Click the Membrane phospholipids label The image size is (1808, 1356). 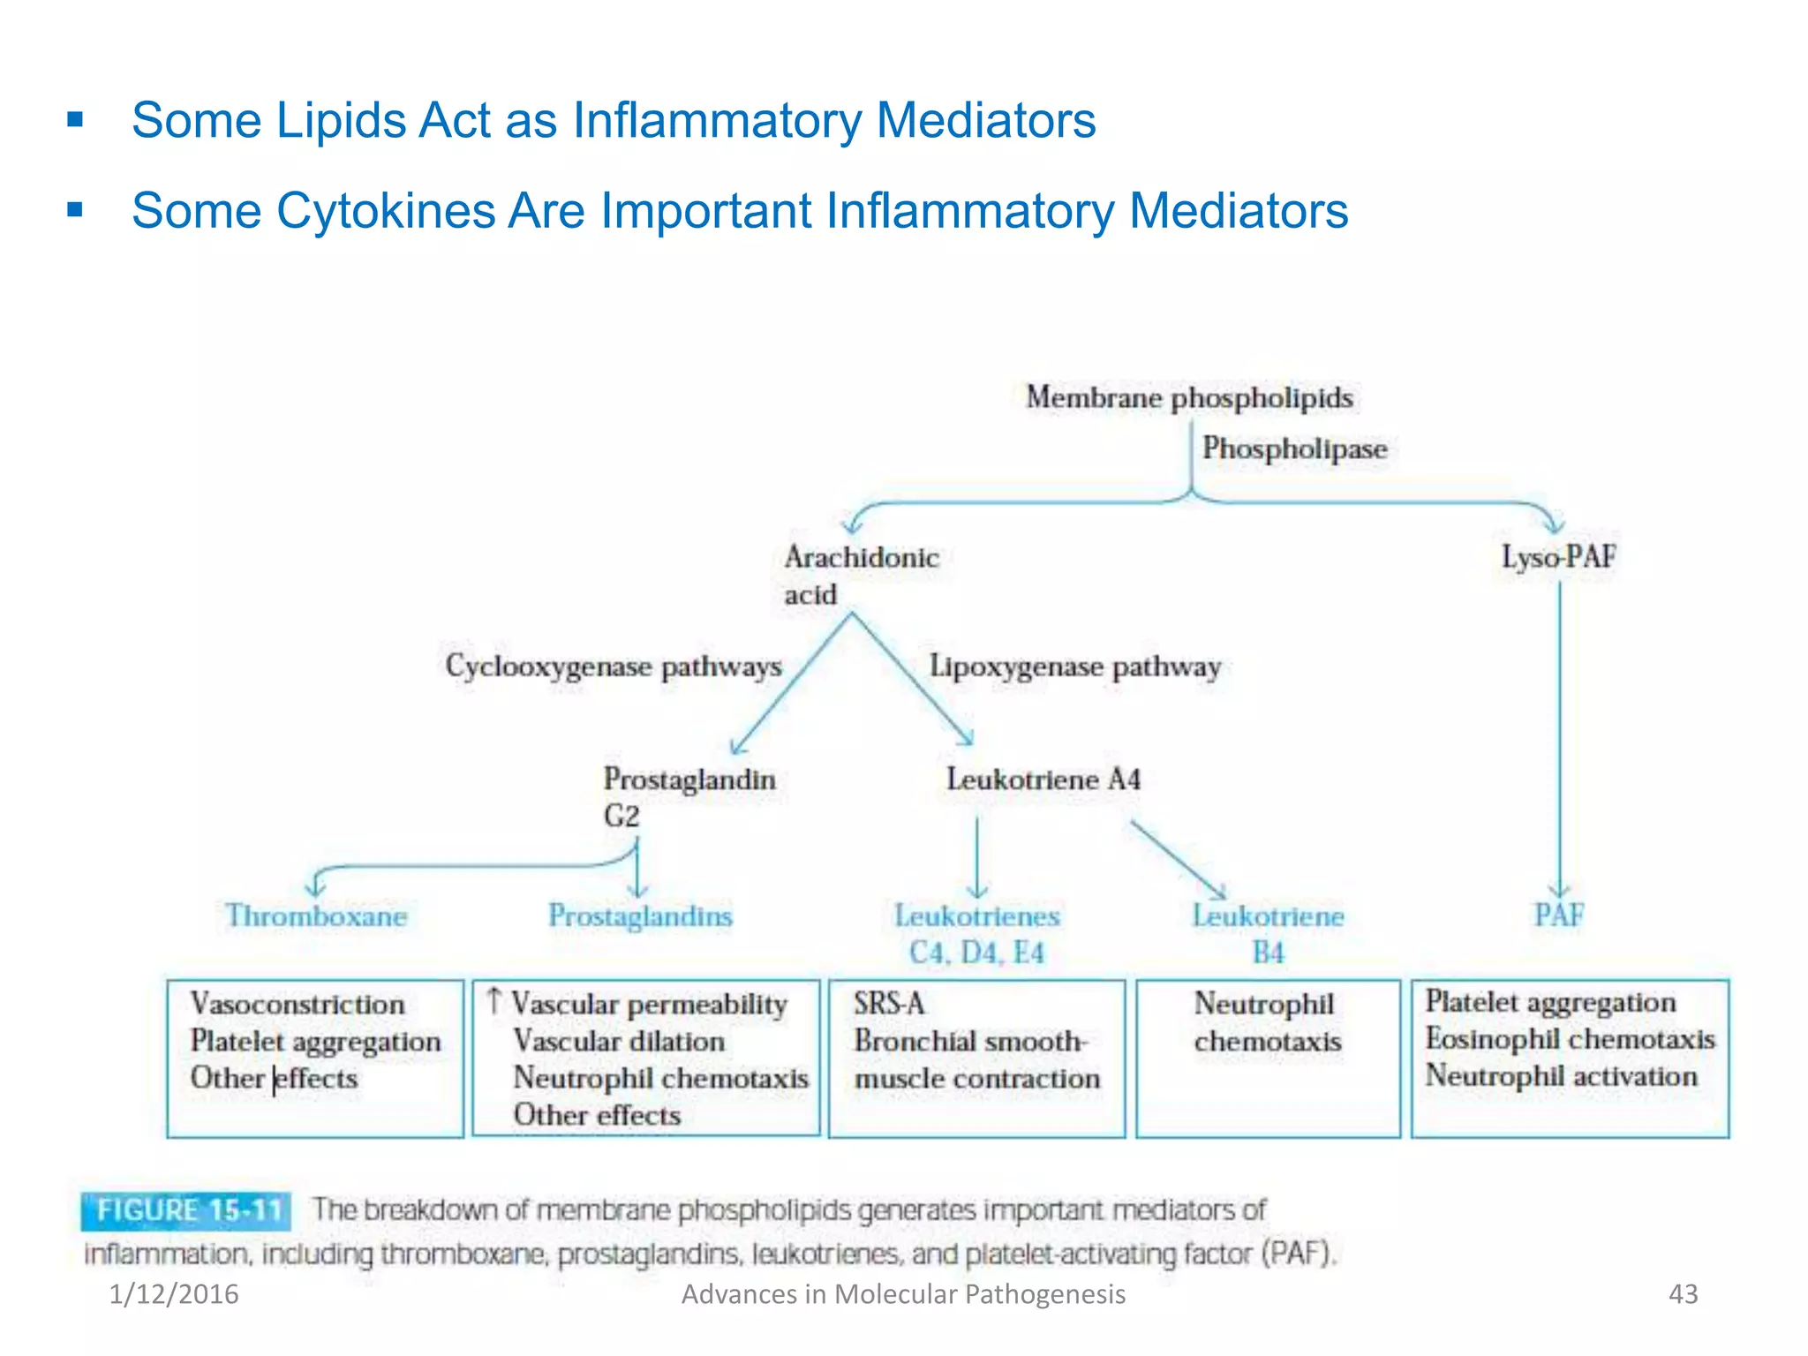point(1188,398)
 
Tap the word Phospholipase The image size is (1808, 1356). point(1294,448)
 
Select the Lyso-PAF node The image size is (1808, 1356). point(1558,557)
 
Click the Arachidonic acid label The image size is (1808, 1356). point(860,575)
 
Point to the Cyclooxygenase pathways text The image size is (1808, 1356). point(613,667)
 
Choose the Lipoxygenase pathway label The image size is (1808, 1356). point(1074,667)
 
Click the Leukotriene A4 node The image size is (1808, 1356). point(1043,780)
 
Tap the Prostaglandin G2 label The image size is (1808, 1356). point(689,796)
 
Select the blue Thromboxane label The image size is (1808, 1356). point(316,915)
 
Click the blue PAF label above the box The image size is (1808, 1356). point(1558,915)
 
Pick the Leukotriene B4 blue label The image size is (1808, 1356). point(1268,933)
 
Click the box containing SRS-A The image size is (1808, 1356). point(976,1058)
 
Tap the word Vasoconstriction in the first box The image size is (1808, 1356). point(298,1004)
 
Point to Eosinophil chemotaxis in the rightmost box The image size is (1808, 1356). point(1570,1039)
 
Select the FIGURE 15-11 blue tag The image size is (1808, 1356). point(186,1210)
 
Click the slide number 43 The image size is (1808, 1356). point(1683,1294)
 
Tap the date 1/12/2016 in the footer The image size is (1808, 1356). point(174,1294)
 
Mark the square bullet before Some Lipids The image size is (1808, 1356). point(75,119)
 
